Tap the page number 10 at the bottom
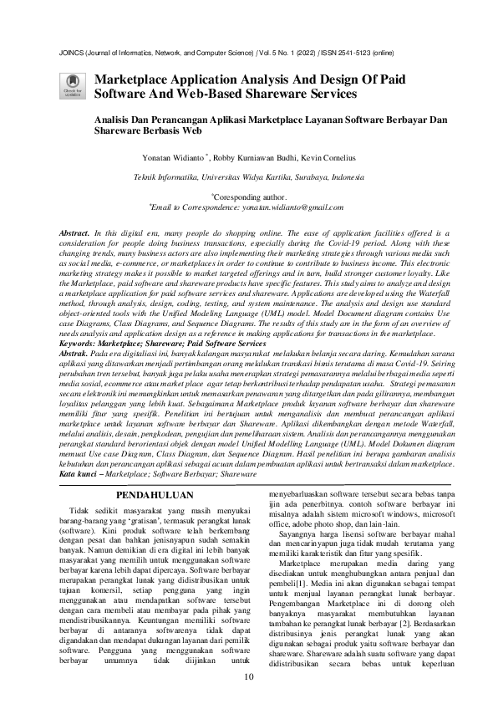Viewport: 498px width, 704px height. [x=248, y=676]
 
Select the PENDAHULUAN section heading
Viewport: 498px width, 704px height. [x=150, y=496]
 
